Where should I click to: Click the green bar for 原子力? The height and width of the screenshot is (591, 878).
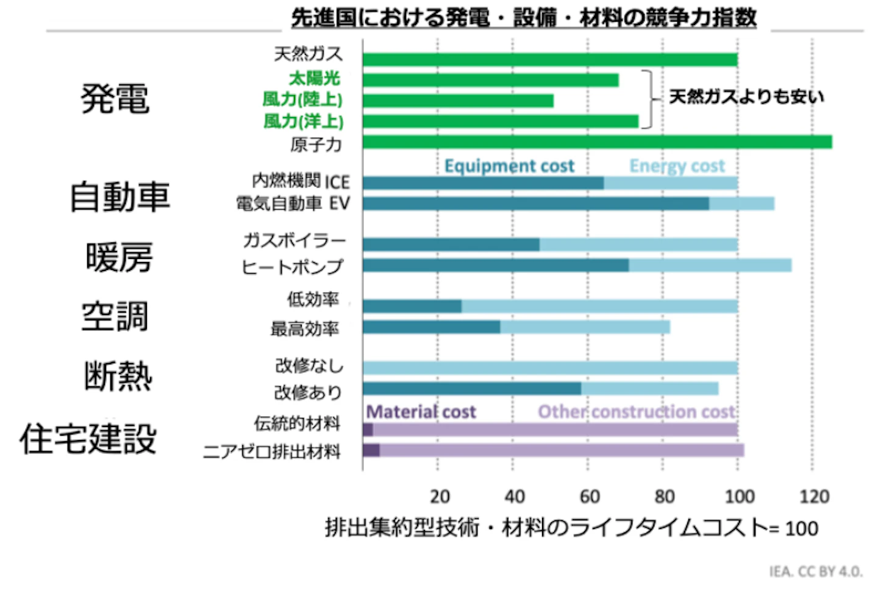598,142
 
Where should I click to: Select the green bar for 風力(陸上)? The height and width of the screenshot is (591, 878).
459,101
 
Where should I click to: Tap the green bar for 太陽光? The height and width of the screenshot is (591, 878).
491,80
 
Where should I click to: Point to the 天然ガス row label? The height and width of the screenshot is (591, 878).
308,54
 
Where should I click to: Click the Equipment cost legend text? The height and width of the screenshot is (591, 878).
509,166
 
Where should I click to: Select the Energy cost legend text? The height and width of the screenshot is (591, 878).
677,166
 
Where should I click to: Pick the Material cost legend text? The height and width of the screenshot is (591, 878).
421,412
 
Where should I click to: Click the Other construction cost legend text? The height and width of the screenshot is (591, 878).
637,412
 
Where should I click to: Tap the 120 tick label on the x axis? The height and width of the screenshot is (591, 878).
814,497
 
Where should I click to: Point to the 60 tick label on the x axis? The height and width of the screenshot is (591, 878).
590,497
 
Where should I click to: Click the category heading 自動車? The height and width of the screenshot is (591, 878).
120,197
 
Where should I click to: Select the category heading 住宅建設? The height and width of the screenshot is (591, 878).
88,439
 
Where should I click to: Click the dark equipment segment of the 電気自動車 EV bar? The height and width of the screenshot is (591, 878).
536,203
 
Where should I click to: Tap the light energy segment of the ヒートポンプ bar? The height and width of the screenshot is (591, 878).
710,265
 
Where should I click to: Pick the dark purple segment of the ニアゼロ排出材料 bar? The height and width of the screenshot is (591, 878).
371,450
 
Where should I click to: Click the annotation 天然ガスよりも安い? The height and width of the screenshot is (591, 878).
746,97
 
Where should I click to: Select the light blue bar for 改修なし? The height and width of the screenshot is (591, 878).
551,368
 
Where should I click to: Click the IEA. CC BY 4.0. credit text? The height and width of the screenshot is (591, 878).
816,572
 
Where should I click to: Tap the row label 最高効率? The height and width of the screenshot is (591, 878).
305,328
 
